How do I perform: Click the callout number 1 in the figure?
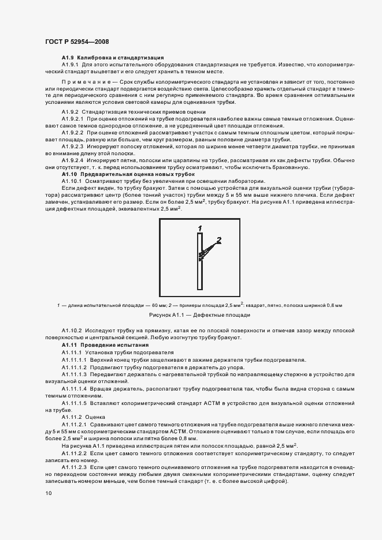click(199, 228)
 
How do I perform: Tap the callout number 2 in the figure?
click(218, 239)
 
